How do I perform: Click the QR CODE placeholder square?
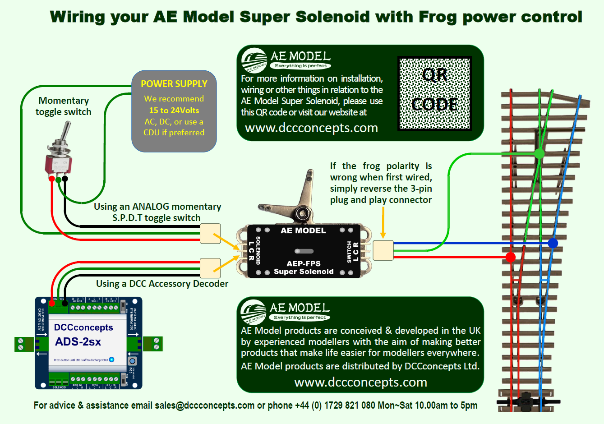[434, 93]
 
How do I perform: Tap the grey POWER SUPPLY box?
[174, 111]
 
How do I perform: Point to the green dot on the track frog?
[539, 154]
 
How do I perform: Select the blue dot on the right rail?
[553, 243]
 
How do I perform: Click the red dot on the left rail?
[511, 258]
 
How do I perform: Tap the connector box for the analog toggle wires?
[210, 234]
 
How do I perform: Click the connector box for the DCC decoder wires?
[210, 268]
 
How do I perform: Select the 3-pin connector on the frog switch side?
[383, 250]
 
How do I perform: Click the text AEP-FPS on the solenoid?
[304, 263]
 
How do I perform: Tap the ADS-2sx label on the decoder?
[78, 342]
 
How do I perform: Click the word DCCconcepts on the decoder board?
[83, 327]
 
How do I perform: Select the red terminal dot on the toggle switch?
[52, 179]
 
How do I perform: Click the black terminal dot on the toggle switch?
[65, 179]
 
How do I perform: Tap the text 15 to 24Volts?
[174, 111]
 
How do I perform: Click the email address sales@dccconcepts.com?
[204, 405]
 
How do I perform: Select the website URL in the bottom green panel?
[360, 382]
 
